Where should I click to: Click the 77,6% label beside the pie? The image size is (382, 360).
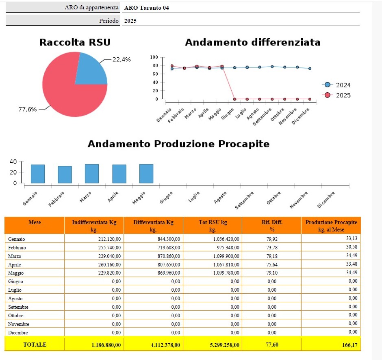(x=28, y=109)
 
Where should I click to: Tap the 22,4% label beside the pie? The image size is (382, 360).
(x=122, y=59)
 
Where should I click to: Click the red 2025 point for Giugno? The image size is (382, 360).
(x=234, y=99)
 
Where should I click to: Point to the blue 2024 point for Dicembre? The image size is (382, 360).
(x=310, y=68)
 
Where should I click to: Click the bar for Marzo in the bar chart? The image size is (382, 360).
(x=92, y=174)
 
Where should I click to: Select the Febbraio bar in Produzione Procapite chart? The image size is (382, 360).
(x=65, y=175)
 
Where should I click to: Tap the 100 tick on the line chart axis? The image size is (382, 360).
(x=154, y=57)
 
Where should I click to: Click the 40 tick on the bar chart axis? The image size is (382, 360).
(x=13, y=161)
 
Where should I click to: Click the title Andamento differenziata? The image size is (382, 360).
(x=253, y=42)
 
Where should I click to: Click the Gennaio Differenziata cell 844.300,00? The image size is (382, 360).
(x=169, y=239)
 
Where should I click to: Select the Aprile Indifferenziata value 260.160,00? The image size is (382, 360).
(x=109, y=265)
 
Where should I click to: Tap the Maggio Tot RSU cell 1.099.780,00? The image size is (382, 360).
(x=226, y=273)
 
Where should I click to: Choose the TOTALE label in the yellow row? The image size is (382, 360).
(x=35, y=345)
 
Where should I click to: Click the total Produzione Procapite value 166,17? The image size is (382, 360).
(x=349, y=345)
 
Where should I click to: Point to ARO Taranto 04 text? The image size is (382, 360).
(x=146, y=8)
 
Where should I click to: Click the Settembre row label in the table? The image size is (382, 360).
(x=18, y=307)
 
